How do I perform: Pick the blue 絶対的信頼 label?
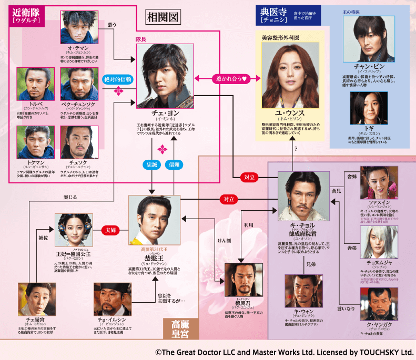click(118, 79)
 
